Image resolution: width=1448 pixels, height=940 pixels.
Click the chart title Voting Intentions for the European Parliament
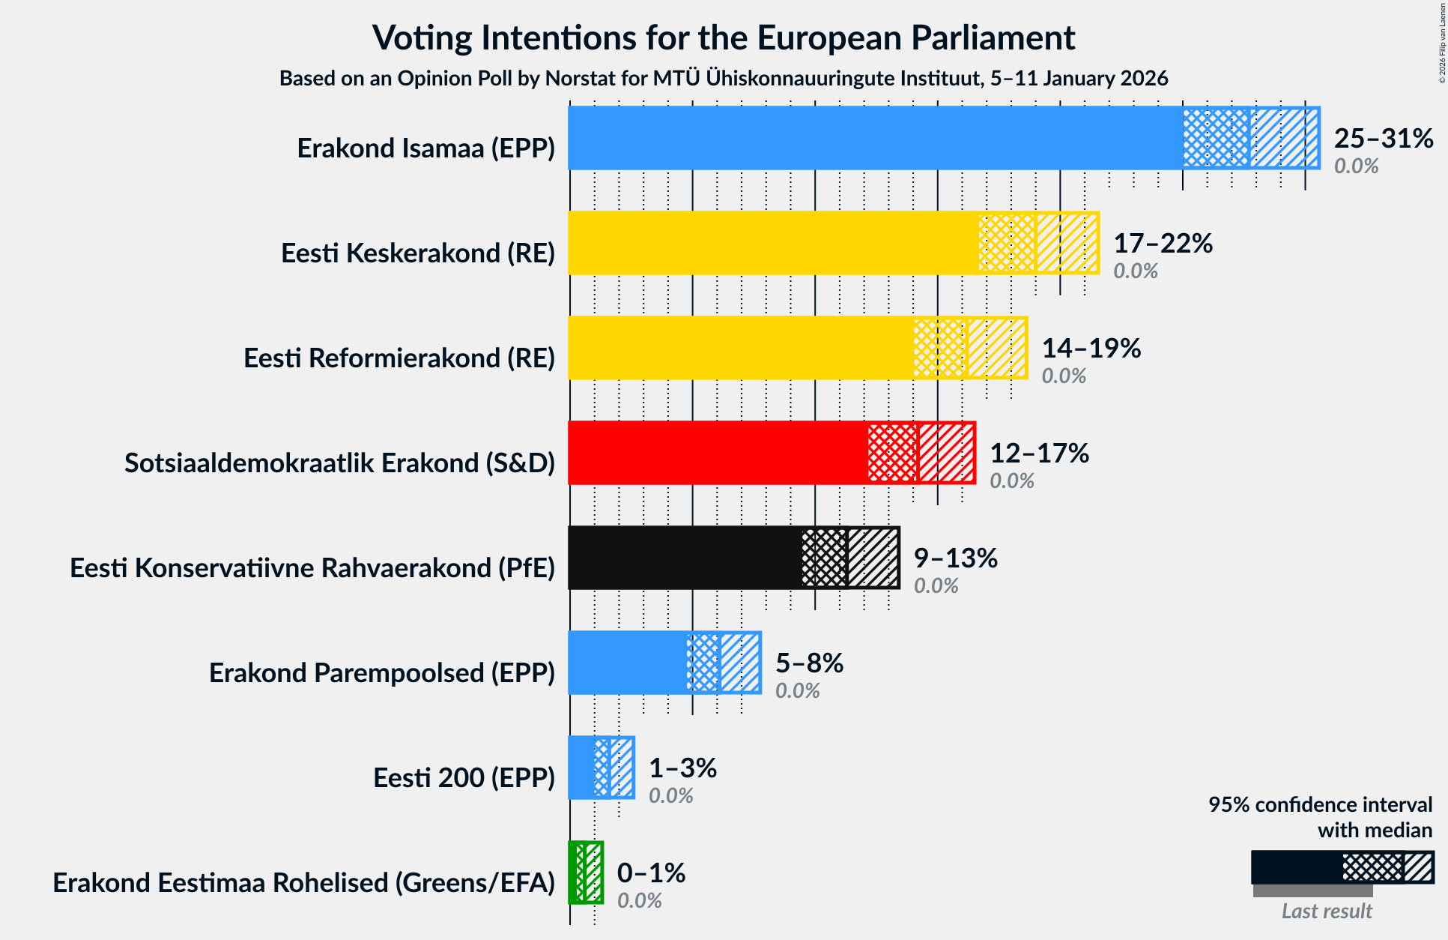point(724,37)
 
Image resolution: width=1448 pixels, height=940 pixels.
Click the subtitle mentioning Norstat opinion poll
point(724,79)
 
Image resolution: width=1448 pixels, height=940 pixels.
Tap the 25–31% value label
point(1383,139)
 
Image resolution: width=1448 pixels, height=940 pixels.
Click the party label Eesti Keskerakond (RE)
point(418,253)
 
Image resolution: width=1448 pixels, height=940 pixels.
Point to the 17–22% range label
point(1163,244)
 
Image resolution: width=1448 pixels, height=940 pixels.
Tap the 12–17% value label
point(1039,454)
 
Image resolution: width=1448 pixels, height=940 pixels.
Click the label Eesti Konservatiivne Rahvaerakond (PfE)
point(312,568)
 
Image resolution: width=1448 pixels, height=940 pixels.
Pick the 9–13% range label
point(955,558)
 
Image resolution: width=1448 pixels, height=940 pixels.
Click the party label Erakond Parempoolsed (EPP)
point(382,673)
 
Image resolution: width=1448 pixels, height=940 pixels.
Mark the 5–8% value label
point(809,663)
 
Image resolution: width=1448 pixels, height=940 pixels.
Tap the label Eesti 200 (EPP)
point(464,778)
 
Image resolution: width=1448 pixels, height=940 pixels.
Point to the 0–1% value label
point(651,873)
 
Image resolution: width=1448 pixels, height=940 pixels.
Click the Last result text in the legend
point(1326,912)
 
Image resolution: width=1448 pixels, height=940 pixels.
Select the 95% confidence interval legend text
point(1320,805)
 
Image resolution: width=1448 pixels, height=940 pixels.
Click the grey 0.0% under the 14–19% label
point(1064,376)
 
